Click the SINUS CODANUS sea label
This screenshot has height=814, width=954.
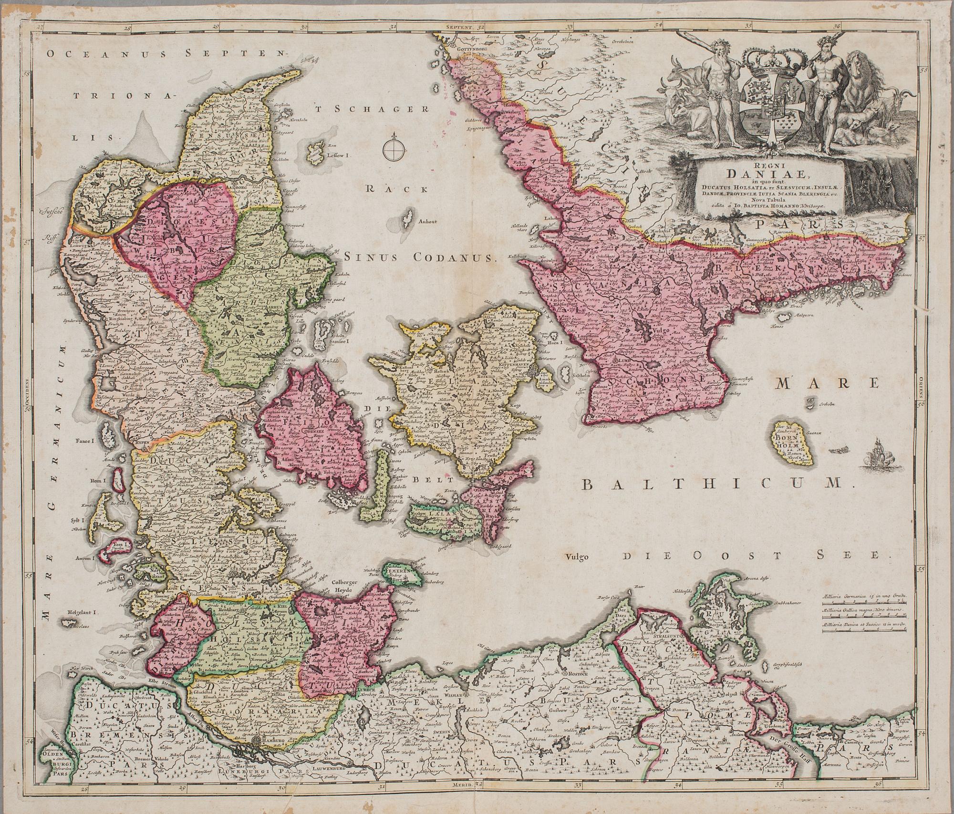click(421, 258)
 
